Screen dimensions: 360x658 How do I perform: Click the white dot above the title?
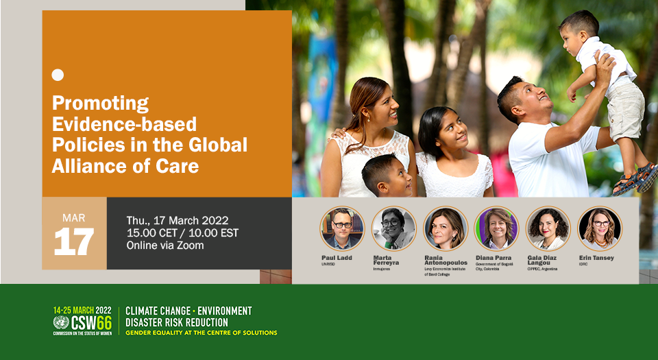[x=58, y=75]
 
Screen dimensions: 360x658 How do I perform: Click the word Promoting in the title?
[x=101, y=104]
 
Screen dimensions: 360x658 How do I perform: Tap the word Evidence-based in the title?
[x=125, y=124]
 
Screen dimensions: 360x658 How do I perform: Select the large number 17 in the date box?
[x=73, y=241]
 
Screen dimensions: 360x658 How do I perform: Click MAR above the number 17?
[x=73, y=218]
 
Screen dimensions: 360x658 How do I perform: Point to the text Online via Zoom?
[x=165, y=245]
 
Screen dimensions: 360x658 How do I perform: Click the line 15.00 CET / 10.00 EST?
[x=182, y=232]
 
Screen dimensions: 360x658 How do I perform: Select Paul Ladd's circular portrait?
[x=342, y=229]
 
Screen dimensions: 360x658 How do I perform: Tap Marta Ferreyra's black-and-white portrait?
[x=393, y=229]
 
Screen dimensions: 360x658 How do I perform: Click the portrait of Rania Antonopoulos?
[x=446, y=229]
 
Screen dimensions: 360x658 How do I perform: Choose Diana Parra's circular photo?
[x=497, y=229]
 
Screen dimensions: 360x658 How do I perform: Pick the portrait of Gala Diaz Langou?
[x=548, y=229]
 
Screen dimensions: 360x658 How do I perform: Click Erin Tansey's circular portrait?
[x=600, y=229]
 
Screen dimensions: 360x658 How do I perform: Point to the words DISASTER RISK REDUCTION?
[x=177, y=322]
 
